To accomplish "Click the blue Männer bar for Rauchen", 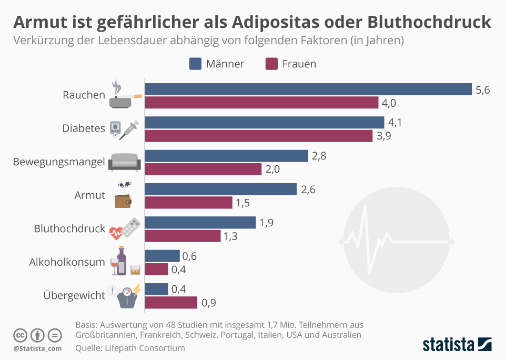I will click(x=308, y=89).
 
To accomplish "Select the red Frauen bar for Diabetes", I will click(x=259, y=136).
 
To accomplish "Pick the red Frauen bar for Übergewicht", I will click(x=171, y=303).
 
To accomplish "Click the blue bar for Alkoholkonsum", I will click(x=162, y=256).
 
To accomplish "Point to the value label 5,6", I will click(x=482, y=90).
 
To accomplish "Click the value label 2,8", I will click(x=319, y=156).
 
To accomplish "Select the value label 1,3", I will click(x=230, y=236).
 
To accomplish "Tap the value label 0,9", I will click(x=208, y=303).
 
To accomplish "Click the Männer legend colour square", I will click(x=195, y=64).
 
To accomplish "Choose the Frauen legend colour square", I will click(x=271, y=64).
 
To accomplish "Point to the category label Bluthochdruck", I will click(x=69, y=229).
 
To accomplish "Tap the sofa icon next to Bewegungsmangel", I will click(x=125, y=163).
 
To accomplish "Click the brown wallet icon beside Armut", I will click(x=123, y=202).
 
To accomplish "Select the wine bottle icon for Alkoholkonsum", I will click(x=122, y=261).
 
